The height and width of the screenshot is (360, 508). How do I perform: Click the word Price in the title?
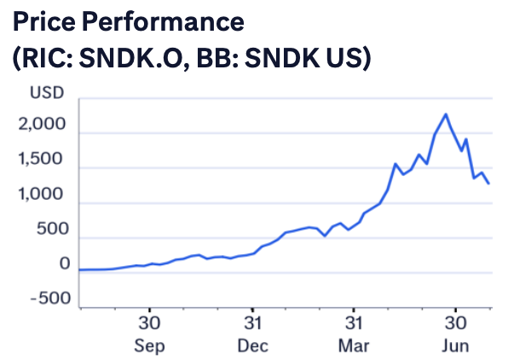pos(44,21)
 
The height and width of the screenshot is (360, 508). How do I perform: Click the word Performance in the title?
pos(163,21)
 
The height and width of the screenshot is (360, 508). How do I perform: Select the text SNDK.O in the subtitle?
pos(134,58)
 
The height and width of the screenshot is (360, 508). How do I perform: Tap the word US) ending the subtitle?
pos(349,58)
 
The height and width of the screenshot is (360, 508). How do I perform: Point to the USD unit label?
pos(47,93)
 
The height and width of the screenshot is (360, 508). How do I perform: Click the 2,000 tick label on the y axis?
pos(42,124)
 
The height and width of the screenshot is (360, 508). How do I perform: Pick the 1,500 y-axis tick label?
pos(40,159)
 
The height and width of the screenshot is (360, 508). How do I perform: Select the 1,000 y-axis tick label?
pos(40,194)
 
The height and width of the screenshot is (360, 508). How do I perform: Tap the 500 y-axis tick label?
pos(53,229)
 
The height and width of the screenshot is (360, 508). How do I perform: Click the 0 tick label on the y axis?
pos(65,264)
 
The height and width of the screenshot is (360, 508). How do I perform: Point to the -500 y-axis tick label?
pos(50,299)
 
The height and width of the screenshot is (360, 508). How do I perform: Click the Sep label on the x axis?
pos(149,345)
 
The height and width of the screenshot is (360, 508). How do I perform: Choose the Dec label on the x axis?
pos(252,345)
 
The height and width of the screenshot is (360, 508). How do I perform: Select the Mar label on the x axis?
pos(354,345)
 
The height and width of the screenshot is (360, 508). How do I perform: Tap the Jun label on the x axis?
pos(455,345)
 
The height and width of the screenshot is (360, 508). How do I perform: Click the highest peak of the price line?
pos(446,113)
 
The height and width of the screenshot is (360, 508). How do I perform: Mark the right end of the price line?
pos(488,183)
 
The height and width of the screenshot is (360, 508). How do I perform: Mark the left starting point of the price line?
pos(80,270)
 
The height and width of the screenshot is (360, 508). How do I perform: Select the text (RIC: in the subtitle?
pos(43,58)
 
